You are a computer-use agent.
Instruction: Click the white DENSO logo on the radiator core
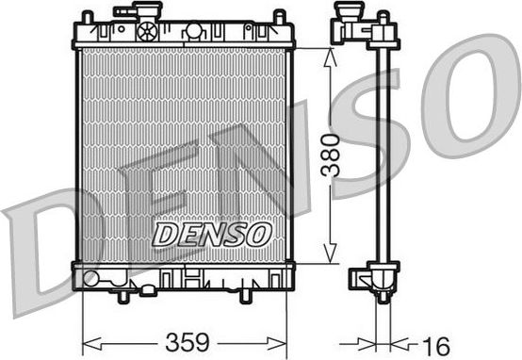(212, 234)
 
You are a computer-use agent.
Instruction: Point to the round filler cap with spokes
(146, 31)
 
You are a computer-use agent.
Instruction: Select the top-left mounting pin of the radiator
(87, 17)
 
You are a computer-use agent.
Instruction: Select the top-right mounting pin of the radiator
(279, 17)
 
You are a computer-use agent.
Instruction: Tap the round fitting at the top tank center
(193, 31)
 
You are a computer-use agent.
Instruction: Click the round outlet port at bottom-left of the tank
(90, 278)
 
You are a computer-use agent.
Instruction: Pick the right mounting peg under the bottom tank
(244, 295)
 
